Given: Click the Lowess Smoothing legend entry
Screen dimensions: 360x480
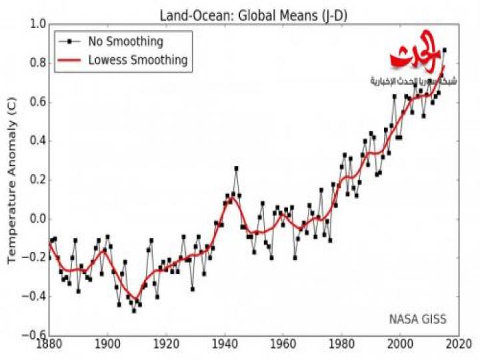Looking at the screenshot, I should point(138,61).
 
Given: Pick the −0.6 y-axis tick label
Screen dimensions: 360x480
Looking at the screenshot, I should point(34,335).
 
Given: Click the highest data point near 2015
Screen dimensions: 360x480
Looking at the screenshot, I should point(445,50).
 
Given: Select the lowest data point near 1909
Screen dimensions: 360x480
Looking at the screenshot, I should point(133,311).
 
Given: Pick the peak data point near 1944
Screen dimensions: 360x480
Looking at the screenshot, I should point(236,168).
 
